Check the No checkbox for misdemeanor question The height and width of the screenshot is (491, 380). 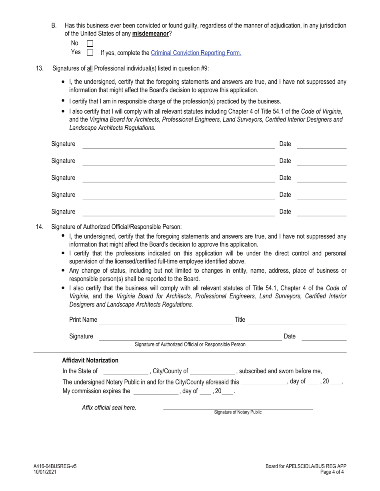(90, 44)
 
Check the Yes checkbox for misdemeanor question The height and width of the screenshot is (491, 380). (90, 52)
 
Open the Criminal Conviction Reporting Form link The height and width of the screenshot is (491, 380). (196, 53)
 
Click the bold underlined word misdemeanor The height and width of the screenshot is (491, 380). (150, 34)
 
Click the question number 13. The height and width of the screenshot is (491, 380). (40, 68)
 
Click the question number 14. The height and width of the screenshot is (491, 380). (40, 227)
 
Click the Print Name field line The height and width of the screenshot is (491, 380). (166, 321)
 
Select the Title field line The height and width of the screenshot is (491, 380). (297, 321)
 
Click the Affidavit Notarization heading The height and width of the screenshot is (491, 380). (90, 360)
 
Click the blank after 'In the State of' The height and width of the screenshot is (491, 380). (126, 372)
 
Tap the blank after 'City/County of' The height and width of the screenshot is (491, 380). (212, 372)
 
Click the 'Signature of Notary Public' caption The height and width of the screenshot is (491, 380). (238, 412)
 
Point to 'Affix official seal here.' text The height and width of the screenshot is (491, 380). (109, 408)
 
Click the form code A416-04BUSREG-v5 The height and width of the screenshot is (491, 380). (55, 466)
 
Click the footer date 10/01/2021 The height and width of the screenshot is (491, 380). (45, 472)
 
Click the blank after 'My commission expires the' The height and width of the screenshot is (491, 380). (156, 392)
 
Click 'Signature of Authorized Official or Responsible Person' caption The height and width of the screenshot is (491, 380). (190, 344)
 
